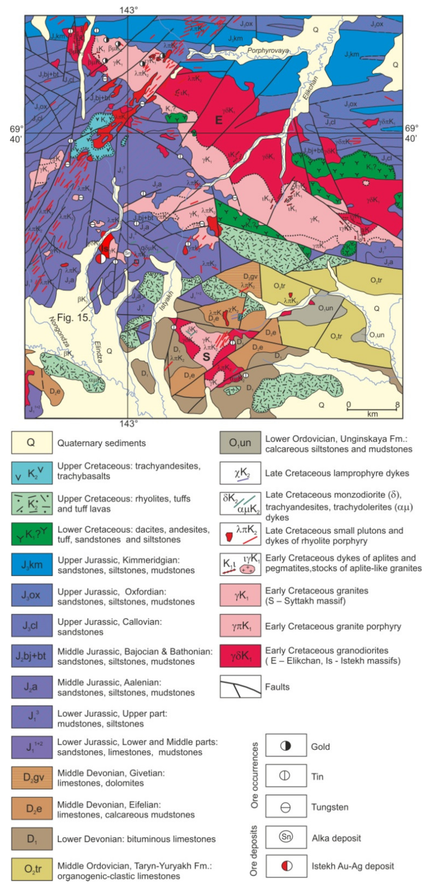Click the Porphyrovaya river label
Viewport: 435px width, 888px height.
[x=268, y=51]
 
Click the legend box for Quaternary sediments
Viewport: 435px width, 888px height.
[x=32, y=443]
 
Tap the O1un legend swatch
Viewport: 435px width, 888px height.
[x=240, y=443]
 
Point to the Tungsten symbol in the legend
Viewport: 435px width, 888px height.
[x=286, y=807]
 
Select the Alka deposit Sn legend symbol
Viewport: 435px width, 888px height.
[x=286, y=836]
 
